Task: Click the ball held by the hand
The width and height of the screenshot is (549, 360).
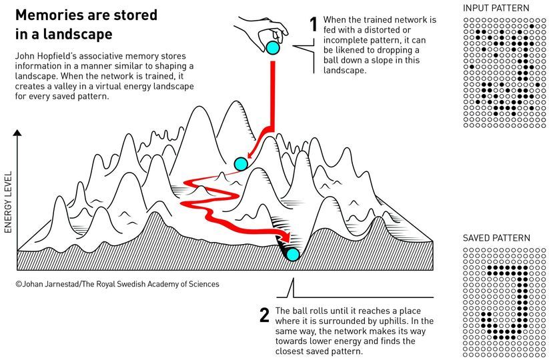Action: click(272, 47)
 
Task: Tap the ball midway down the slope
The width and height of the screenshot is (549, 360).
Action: click(241, 164)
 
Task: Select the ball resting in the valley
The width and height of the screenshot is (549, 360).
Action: click(292, 253)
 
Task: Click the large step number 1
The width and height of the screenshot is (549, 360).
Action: click(313, 25)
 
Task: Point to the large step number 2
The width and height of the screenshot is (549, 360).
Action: click(264, 315)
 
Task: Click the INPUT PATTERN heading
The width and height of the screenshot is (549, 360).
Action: click(496, 8)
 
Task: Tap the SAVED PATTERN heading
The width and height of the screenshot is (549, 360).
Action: click(496, 238)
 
